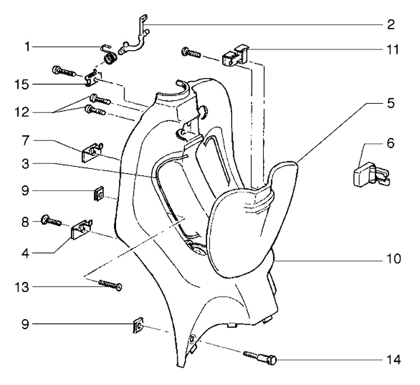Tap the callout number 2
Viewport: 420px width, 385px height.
(x=390, y=24)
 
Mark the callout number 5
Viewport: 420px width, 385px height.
(x=390, y=104)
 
